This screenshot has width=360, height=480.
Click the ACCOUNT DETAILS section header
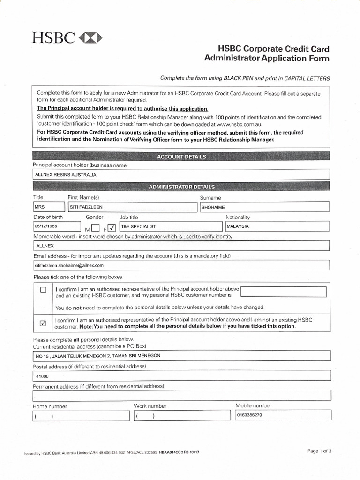pyautogui.click(x=181, y=157)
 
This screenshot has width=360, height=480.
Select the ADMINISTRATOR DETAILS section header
pyautogui.click(x=181, y=187)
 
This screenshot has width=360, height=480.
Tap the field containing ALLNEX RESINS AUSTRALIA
pyautogui.click(x=181, y=174)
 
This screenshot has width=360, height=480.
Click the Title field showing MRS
pyautogui.click(x=49, y=207)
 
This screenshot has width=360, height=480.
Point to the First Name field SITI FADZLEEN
pyautogui.click(x=132, y=207)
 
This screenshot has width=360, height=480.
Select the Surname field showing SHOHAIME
pyautogui.click(x=264, y=207)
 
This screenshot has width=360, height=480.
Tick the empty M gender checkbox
pyautogui.click(x=96, y=228)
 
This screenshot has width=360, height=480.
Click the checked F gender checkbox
pyautogui.click(x=112, y=228)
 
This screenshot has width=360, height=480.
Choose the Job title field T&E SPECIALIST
pyautogui.click(x=170, y=226)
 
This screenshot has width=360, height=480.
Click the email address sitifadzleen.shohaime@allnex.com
pyautogui.click(x=181, y=265)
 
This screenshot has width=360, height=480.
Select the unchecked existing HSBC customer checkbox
pyautogui.click(x=44, y=290)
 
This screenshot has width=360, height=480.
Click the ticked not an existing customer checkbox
pyautogui.click(x=44, y=323)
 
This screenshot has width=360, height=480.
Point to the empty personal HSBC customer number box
pyautogui.click(x=283, y=292)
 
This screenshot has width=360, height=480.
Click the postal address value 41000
pyautogui.click(x=181, y=376)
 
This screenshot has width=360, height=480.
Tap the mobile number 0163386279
pyautogui.click(x=283, y=415)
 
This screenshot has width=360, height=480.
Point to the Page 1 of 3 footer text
pyautogui.click(x=319, y=451)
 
